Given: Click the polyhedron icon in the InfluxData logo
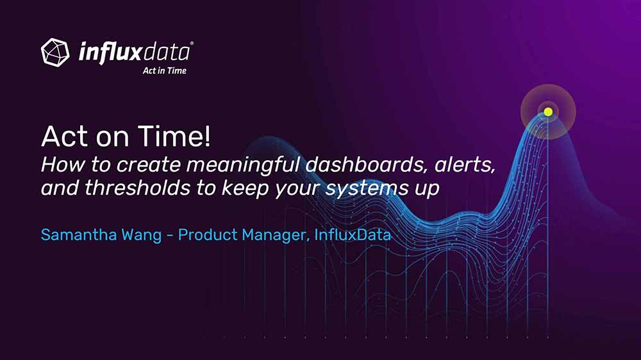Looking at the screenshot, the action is point(55,53).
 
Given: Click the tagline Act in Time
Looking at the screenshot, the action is point(164,70).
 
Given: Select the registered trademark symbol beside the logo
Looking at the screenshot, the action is point(192,43).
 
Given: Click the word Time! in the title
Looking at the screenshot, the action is point(174,136).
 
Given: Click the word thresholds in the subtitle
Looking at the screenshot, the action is point(137,188).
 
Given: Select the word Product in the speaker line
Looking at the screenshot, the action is point(208,235).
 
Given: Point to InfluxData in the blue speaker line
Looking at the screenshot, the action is point(353,235).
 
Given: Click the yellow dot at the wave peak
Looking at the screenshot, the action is point(548,111).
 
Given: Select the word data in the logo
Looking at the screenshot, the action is point(167,53).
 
